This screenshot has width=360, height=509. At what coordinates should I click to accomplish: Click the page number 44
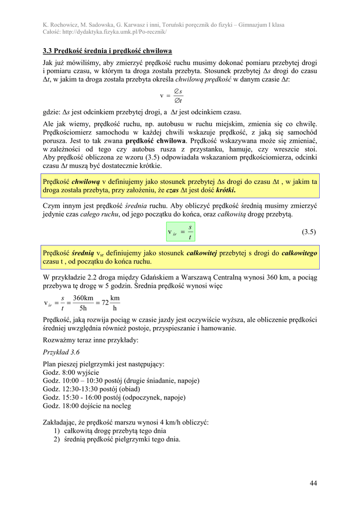point(313,483)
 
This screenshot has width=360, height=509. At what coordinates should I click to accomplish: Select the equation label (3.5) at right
point(309,232)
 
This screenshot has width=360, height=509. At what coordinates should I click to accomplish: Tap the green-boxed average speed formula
point(181,232)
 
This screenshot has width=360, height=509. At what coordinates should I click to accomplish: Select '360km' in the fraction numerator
point(83,298)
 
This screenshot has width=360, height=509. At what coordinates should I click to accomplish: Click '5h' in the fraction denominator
point(84,309)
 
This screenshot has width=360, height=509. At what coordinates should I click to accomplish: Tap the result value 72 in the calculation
point(105,303)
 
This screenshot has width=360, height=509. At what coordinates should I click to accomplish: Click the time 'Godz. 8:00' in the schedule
point(60,372)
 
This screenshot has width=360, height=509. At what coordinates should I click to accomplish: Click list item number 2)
point(57,439)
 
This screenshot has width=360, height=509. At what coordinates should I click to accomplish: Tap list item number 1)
point(57,431)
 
